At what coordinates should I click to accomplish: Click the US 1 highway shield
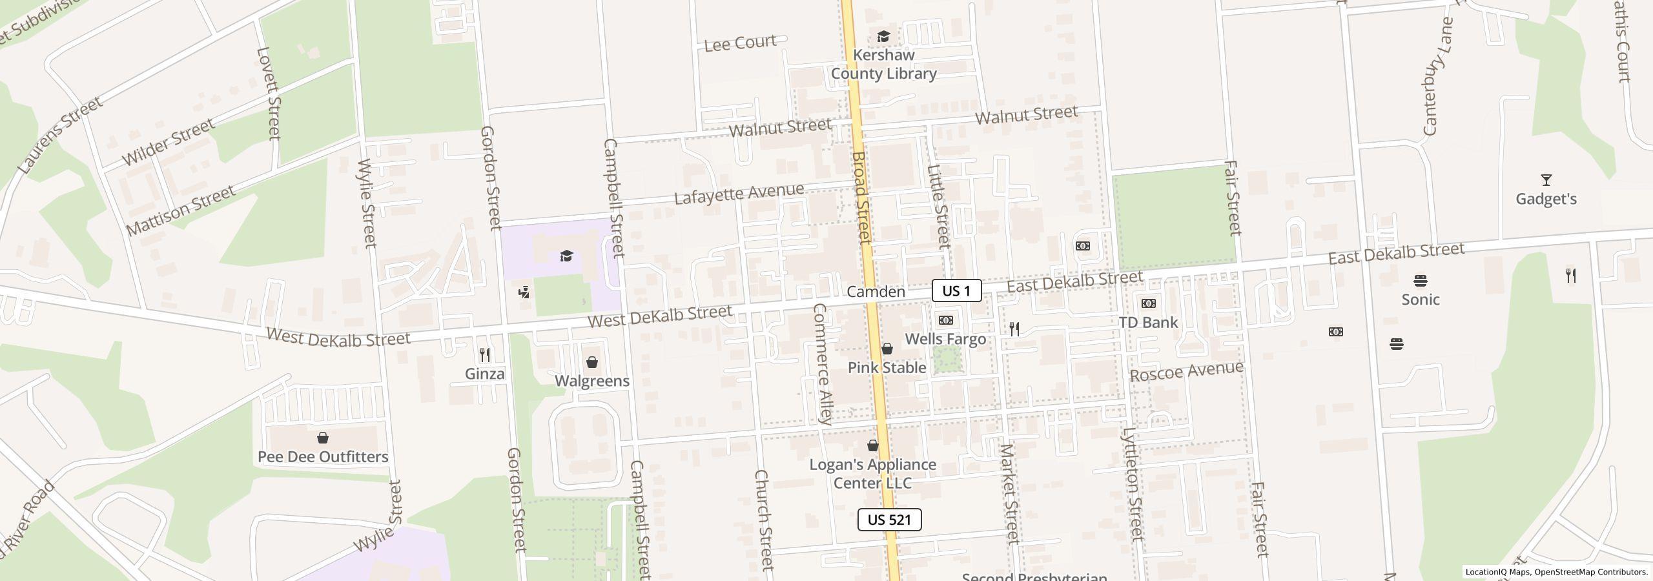coord(956,290)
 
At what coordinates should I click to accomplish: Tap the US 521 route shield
coord(889,520)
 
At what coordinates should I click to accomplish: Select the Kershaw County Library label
coord(883,64)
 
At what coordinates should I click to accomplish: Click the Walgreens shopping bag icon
coord(592,362)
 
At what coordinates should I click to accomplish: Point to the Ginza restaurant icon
coord(485,354)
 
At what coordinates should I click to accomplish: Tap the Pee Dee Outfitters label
coord(323,457)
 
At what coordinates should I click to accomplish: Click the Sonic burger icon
coord(1420,281)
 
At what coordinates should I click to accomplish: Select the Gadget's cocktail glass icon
coord(1546,180)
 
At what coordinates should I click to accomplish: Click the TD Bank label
coord(1148,322)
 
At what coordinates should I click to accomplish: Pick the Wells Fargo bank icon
coord(945,320)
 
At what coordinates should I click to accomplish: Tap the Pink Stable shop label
coord(887,367)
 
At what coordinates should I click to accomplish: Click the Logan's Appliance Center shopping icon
coord(873,445)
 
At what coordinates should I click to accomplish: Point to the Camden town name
coord(876,292)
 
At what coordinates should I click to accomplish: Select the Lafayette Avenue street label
coord(739,193)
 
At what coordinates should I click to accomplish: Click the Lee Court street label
coord(740,43)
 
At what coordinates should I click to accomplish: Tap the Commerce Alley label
coord(823,363)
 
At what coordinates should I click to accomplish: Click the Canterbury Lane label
coord(1438,76)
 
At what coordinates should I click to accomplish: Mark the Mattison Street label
coord(181,210)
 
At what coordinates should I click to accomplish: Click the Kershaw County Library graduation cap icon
coord(883,36)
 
